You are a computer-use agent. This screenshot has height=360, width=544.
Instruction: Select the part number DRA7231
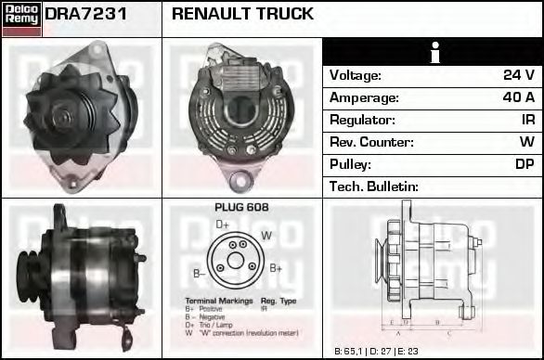tap(85, 15)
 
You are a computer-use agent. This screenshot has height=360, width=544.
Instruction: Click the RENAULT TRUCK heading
tap(242, 15)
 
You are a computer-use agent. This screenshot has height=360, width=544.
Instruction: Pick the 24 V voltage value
tap(518, 75)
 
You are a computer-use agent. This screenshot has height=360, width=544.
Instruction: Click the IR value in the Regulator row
tap(526, 120)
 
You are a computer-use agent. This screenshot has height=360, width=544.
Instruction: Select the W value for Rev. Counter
tap(526, 142)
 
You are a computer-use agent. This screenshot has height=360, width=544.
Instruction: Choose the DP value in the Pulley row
tap(525, 164)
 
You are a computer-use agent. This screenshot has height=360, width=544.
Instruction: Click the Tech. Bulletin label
tap(373, 186)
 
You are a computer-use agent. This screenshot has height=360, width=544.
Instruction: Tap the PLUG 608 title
tap(240, 208)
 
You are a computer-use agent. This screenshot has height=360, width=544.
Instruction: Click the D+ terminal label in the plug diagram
tap(223, 225)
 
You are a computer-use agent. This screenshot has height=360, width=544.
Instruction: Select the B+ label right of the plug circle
tap(276, 268)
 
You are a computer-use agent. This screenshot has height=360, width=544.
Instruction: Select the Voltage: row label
tap(355, 75)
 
